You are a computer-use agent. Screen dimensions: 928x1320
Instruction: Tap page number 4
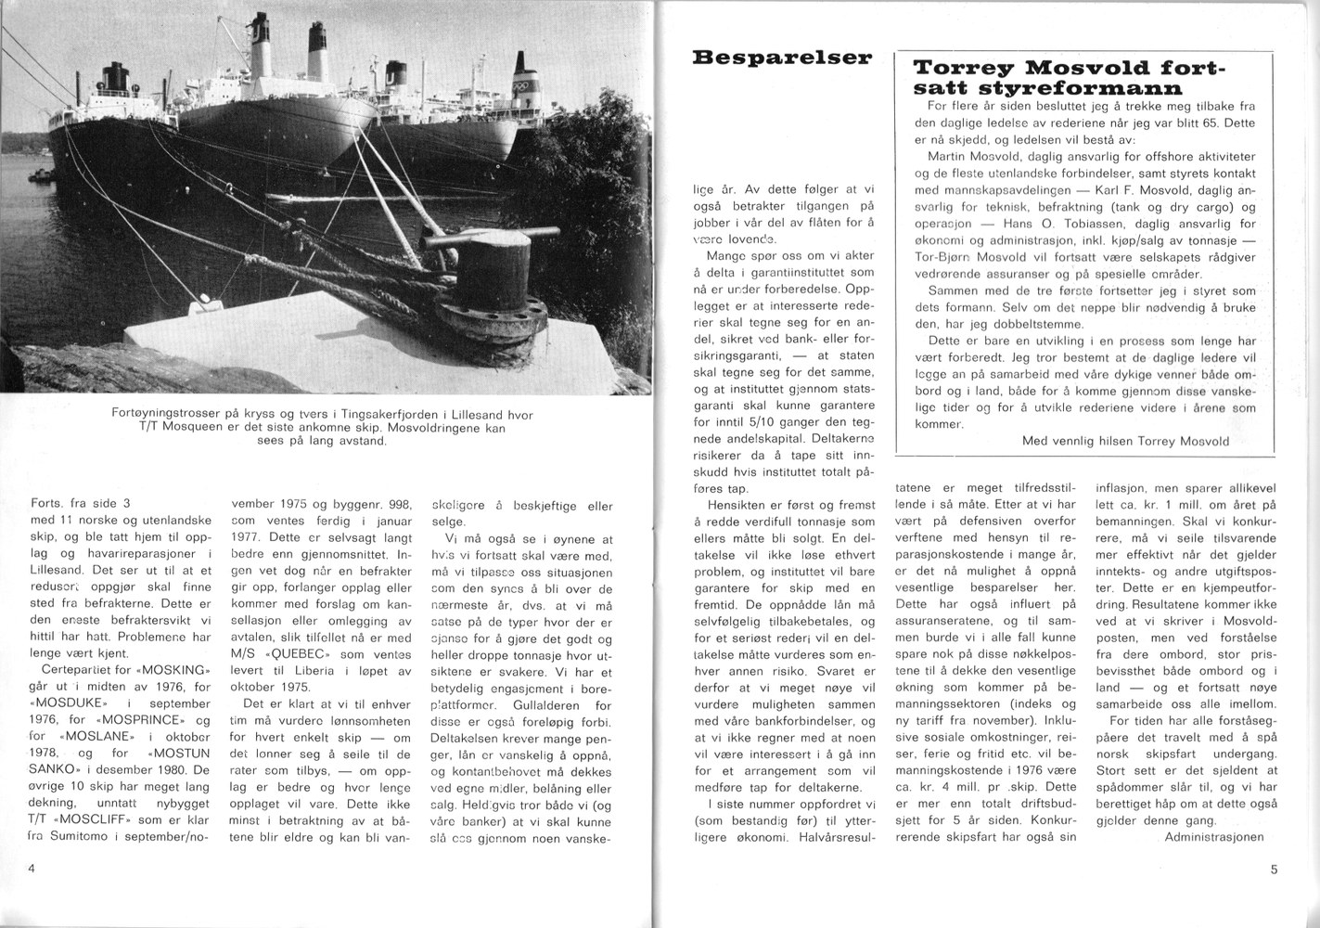pos(32,869)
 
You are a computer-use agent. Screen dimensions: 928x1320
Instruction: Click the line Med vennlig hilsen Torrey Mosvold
pos(1125,441)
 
